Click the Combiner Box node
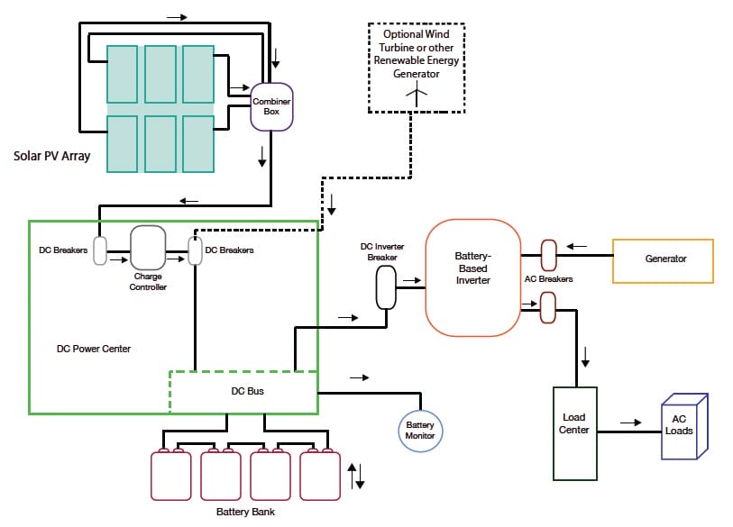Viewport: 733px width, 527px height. (x=271, y=106)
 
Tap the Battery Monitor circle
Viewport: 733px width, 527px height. (x=420, y=430)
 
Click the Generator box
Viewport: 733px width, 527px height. (x=663, y=259)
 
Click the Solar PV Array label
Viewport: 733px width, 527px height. (x=51, y=156)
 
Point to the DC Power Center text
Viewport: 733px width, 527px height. (x=93, y=349)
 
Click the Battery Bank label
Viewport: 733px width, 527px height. (x=245, y=512)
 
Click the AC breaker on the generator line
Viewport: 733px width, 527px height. (x=547, y=255)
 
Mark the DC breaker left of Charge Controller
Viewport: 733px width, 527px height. (x=100, y=250)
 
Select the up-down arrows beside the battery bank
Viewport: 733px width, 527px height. (x=356, y=474)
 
